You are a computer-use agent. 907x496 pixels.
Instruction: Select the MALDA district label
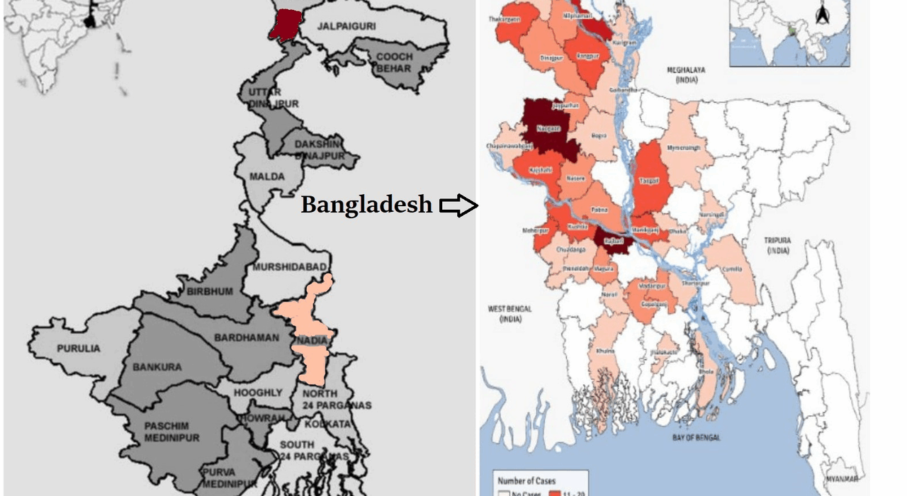pyautogui.click(x=266, y=176)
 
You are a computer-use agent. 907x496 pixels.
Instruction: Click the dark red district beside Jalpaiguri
pyautogui.click(x=285, y=23)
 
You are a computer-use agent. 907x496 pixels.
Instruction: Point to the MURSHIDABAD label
pyautogui.click(x=290, y=267)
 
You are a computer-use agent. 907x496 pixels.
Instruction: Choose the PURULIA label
pyautogui.click(x=79, y=349)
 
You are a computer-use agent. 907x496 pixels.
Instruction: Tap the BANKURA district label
pyautogui.click(x=157, y=367)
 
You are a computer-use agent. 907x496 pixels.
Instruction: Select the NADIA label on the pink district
pyautogui.click(x=311, y=342)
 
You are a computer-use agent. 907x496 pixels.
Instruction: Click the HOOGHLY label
pyautogui.click(x=259, y=392)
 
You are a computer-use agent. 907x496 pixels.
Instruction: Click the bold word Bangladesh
pyautogui.click(x=366, y=205)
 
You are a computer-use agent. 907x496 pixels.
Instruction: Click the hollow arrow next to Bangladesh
pyautogui.click(x=458, y=205)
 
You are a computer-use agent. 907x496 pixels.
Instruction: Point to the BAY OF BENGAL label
pyautogui.click(x=696, y=437)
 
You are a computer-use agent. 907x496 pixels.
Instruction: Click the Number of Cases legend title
pyautogui.click(x=526, y=480)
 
